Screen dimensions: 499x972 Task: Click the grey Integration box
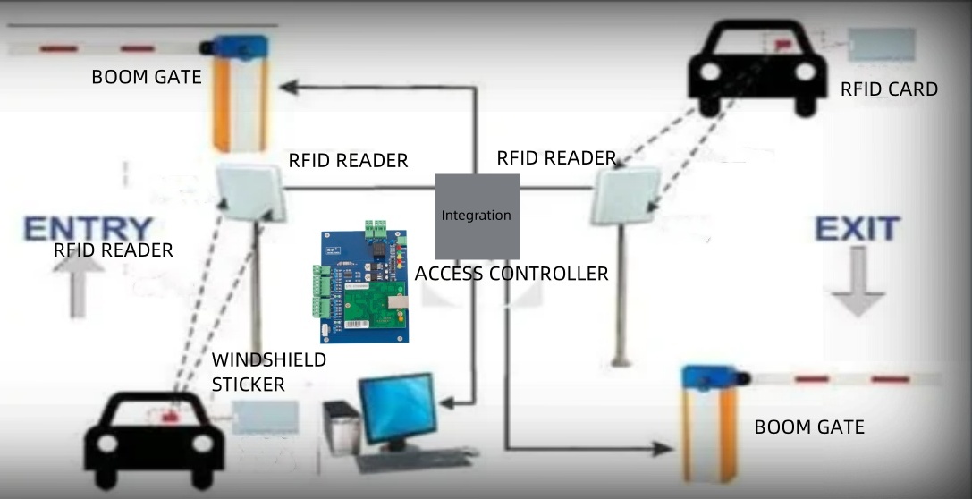[x=477, y=216]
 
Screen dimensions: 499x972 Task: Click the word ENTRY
[x=88, y=229]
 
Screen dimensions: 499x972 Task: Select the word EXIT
[x=857, y=229]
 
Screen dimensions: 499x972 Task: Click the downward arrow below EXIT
[x=858, y=282]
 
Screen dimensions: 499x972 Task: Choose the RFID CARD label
[x=889, y=89]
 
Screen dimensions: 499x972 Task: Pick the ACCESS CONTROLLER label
[x=511, y=274]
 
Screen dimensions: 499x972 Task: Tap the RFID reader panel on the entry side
[x=250, y=193]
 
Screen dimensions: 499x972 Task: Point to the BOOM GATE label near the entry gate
[x=146, y=77]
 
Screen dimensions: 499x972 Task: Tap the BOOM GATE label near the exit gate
[x=809, y=427]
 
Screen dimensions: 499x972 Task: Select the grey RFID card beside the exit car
[x=882, y=45]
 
